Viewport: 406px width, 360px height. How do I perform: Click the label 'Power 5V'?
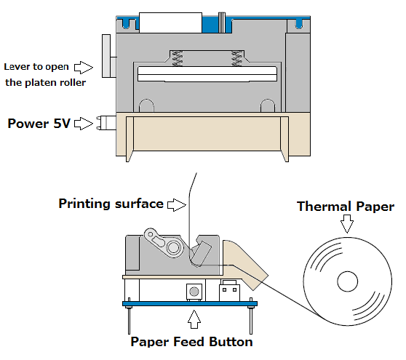[39, 123]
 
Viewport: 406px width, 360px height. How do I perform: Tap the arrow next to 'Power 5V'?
[84, 124]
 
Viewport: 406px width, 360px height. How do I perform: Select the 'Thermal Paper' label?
[346, 207]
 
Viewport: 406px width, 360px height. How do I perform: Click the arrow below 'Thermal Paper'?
[347, 223]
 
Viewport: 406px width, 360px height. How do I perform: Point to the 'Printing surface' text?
[111, 204]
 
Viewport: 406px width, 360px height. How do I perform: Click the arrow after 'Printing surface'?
[177, 205]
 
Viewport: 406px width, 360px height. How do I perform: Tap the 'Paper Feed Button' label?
[191, 342]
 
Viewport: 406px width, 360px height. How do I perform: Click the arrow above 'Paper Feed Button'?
[194, 319]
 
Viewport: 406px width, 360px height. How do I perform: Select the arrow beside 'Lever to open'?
[84, 68]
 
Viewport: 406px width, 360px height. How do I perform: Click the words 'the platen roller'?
[46, 83]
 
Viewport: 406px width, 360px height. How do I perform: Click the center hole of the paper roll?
[348, 281]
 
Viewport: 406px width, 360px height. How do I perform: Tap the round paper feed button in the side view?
[194, 292]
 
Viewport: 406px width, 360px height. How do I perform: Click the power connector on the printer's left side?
[106, 123]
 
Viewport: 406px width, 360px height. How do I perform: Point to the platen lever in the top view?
[106, 56]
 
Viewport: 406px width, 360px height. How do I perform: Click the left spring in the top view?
[178, 58]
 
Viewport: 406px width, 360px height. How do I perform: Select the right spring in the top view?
[236, 58]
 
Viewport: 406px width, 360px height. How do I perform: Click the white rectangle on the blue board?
[170, 23]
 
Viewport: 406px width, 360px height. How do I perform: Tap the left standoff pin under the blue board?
[129, 320]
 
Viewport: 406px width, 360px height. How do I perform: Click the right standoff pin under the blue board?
[250, 320]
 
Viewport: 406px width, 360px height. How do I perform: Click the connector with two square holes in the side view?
[229, 291]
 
